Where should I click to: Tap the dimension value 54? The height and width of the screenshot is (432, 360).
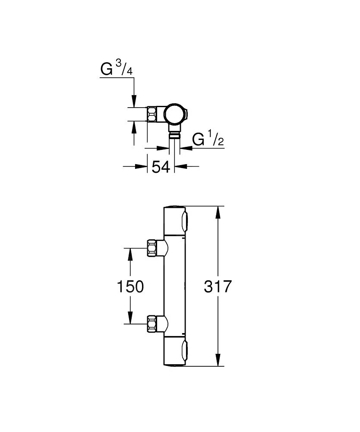click(x=161, y=166)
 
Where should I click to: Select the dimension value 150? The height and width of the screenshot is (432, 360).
click(x=130, y=286)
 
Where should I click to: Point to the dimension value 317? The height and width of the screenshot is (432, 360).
click(x=218, y=286)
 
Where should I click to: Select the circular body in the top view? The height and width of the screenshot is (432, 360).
click(x=175, y=114)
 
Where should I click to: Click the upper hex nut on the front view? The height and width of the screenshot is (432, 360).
click(x=152, y=248)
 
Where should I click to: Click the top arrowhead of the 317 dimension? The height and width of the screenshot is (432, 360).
click(x=219, y=212)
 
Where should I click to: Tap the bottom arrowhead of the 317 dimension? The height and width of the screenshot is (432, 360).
click(x=219, y=361)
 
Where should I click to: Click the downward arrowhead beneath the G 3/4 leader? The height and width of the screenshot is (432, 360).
click(x=134, y=102)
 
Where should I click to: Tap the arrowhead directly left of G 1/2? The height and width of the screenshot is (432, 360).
click(x=185, y=148)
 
